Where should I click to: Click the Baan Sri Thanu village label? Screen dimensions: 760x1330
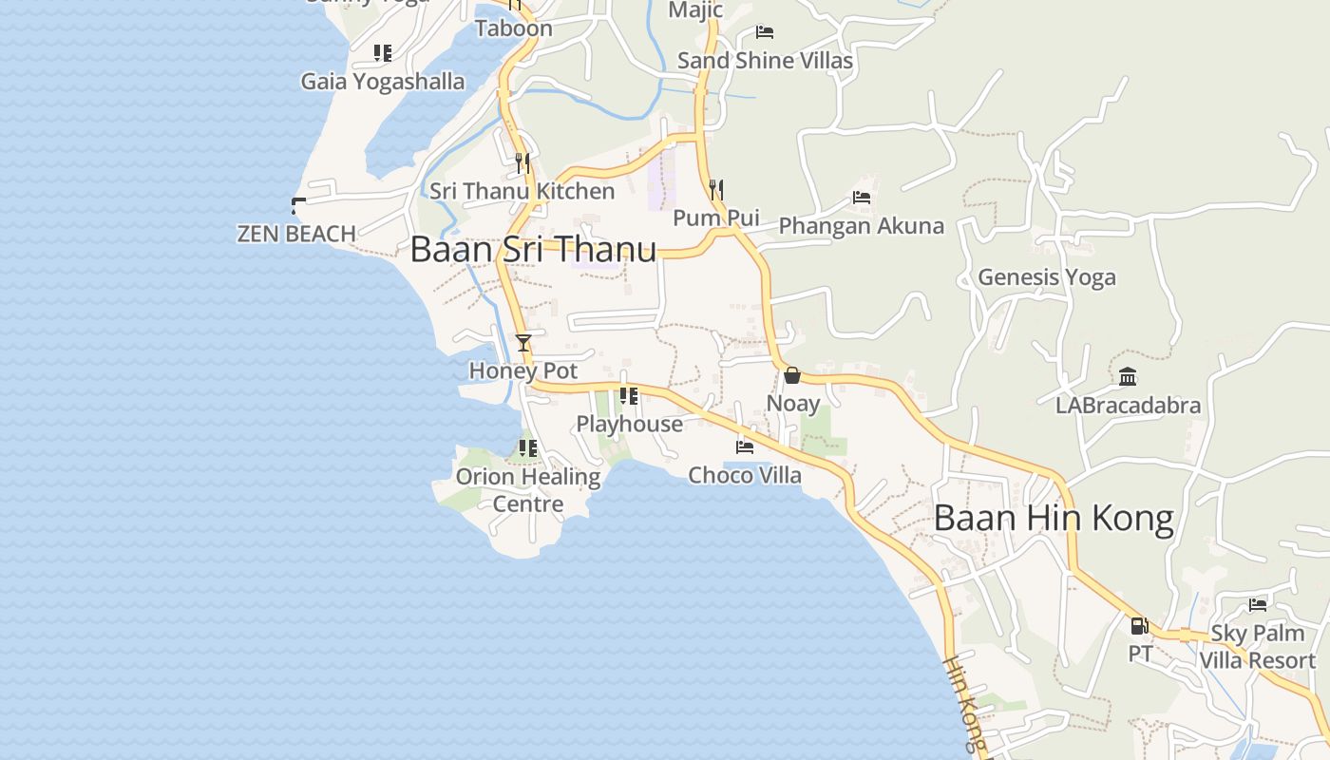tap(533, 250)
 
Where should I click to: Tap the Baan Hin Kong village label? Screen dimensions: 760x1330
tap(1054, 519)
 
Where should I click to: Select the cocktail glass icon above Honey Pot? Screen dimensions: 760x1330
tap(523, 342)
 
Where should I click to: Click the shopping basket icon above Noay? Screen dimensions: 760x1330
tap(792, 375)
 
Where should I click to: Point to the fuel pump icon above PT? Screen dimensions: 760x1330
tap(1139, 626)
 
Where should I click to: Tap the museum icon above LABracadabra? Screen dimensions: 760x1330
tap(1128, 377)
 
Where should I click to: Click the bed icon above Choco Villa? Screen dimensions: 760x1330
tap(745, 446)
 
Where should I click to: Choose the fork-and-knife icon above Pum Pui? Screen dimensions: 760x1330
tap(716, 190)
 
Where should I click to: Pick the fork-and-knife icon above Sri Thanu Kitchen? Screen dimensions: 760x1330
tap(522, 163)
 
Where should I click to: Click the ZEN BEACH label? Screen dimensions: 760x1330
tap(296, 233)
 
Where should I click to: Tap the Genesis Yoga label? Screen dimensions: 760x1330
tap(1047, 277)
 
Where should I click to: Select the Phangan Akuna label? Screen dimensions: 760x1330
tap(862, 226)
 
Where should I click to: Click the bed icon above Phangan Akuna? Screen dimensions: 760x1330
tap(862, 198)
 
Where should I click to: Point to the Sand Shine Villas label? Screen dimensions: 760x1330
tap(765, 61)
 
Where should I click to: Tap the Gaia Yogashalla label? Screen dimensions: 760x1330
tap(383, 82)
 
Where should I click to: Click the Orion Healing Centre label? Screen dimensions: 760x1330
tap(528, 490)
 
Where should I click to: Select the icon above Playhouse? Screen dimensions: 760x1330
tap(628, 396)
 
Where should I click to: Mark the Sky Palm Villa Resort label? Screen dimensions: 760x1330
tap(1258, 647)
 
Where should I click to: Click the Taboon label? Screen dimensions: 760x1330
tap(514, 28)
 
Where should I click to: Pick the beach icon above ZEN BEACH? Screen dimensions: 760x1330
tap(297, 204)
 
